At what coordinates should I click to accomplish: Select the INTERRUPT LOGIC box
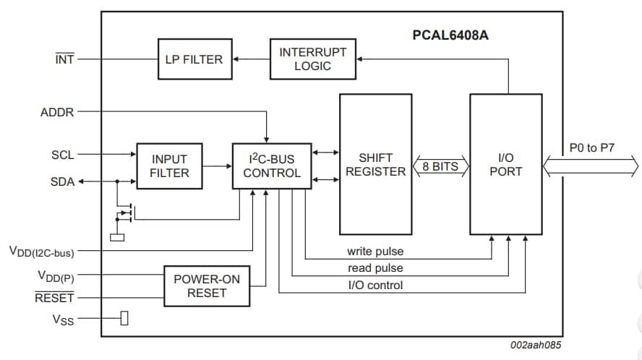[x=313, y=59]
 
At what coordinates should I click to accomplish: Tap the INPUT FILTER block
[x=170, y=166]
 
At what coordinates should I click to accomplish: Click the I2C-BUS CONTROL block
[x=272, y=166]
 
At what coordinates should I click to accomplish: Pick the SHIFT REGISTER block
[x=376, y=165]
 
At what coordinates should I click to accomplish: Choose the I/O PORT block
[x=506, y=165]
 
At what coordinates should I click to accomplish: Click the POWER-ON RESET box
[x=207, y=286]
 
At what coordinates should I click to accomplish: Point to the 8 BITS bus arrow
[x=440, y=167]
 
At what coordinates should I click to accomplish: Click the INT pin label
[x=64, y=60]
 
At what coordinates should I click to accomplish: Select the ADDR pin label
[x=57, y=112]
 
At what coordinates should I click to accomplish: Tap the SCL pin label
[x=63, y=155]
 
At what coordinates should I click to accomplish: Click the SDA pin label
[x=63, y=181]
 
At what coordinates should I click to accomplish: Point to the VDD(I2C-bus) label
[x=41, y=252]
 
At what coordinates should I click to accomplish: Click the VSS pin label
[x=63, y=319]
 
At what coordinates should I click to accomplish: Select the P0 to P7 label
[x=591, y=148]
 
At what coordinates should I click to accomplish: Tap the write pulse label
[x=375, y=252]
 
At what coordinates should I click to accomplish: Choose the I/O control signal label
[x=375, y=285]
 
